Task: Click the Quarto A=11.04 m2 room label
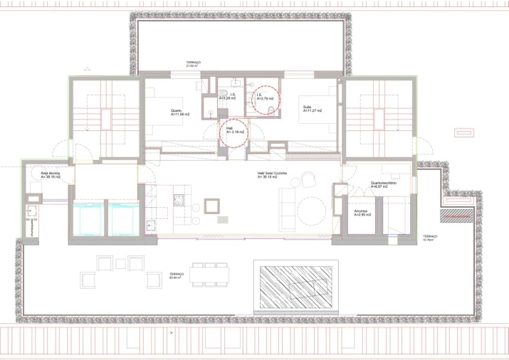coord(178,112)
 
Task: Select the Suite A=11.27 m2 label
coord(312,110)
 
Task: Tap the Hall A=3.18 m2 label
coord(234,131)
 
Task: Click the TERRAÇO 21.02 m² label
coord(194,65)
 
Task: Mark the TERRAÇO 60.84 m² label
coord(177,275)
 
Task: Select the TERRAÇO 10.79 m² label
coord(429,238)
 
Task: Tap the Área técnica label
coord(50,175)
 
